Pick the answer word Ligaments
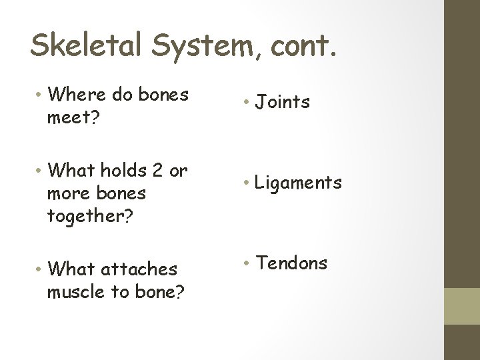(299, 183)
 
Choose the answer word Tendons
(292, 263)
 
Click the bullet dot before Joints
(246, 103)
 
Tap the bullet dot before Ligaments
(246, 183)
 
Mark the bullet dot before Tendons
(246, 264)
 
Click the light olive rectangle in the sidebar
(462, 306)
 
